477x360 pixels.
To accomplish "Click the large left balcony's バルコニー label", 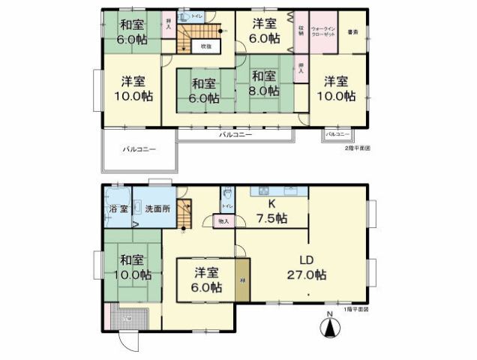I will point(139,150).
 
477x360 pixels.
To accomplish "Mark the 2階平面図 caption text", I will point(357,148).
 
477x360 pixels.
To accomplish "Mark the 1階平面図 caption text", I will point(356,309).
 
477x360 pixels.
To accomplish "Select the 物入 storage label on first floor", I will point(223,221).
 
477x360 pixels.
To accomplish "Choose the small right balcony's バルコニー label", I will point(337,134).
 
